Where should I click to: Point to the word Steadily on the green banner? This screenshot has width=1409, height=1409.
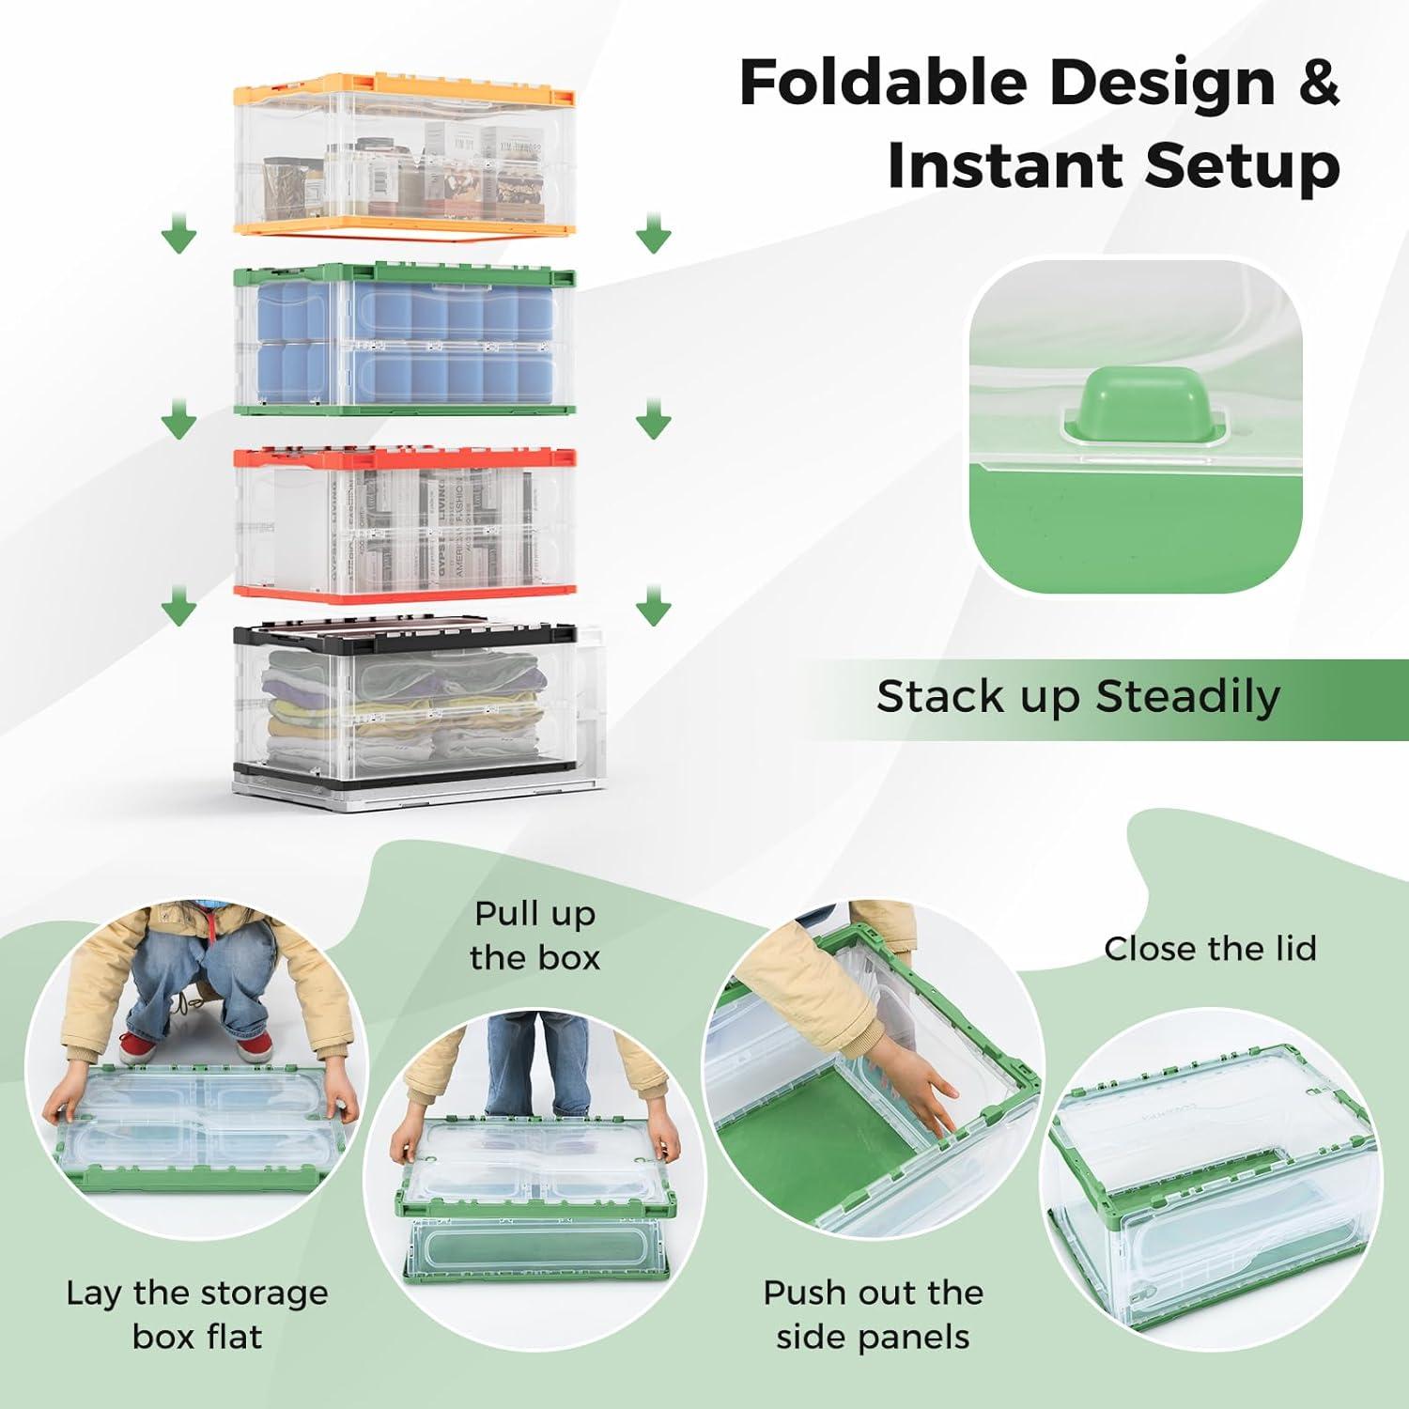tap(1187, 697)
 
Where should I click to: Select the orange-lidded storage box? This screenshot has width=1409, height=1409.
tap(404, 155)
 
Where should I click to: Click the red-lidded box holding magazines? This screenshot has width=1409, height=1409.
tap(404, 526)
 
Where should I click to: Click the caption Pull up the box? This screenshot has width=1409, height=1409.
tap(534, 936)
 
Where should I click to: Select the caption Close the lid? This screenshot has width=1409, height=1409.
tap(1210, 949)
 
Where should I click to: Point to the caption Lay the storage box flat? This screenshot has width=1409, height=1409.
tap(197, 1314)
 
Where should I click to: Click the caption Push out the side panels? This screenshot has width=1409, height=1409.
tap(873, 1314)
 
